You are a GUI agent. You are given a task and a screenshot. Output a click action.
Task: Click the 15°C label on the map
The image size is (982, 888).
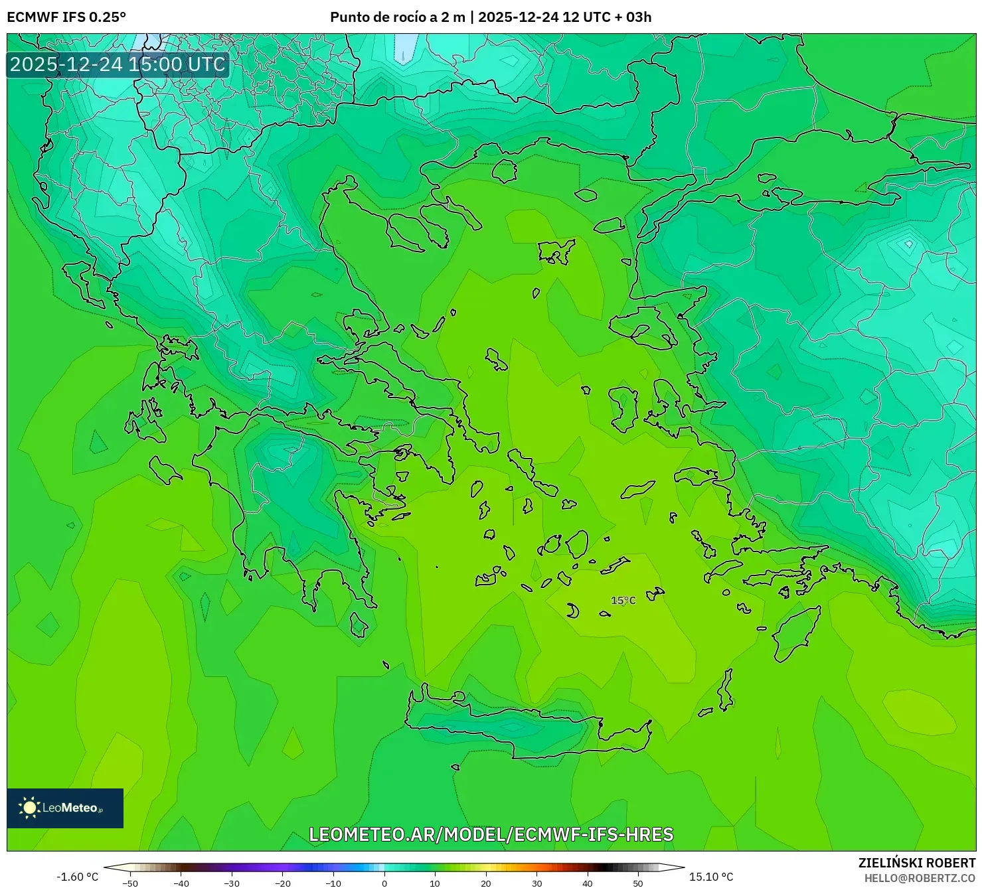(623, 601)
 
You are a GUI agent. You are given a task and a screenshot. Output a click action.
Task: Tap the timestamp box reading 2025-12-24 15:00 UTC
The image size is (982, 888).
(118, 64)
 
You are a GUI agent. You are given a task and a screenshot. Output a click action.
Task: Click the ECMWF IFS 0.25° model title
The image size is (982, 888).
(66, 17)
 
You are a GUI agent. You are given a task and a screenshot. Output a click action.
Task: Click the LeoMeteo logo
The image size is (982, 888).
(65, 808)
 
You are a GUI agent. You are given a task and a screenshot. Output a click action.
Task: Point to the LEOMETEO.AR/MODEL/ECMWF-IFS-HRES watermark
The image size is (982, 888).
(491, 834)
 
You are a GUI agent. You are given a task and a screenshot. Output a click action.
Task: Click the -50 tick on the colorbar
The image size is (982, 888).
(130, 883)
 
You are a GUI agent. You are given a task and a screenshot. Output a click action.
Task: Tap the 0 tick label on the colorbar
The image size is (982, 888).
(384, 883)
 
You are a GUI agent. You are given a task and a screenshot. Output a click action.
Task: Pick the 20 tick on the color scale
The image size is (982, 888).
(486, 883)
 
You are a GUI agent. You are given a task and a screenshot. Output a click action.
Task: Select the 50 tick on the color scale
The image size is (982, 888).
(638, 883)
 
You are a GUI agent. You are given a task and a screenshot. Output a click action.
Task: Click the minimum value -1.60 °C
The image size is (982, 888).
(77, 877)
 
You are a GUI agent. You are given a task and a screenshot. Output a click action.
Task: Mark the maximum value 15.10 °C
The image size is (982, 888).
(711, 877)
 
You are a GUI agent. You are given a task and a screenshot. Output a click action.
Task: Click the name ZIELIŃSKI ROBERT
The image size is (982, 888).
(917, 863)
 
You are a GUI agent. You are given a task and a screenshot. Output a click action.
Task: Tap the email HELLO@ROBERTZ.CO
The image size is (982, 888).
(920, 878)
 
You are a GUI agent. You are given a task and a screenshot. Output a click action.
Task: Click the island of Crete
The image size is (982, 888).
(525, 727)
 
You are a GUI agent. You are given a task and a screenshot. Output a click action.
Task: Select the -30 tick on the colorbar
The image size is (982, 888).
(232, 883)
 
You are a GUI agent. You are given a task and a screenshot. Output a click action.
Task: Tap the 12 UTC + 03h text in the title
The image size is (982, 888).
(607, 17)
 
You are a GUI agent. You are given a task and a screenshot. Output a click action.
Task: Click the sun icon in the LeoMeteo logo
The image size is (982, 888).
(30, 808)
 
